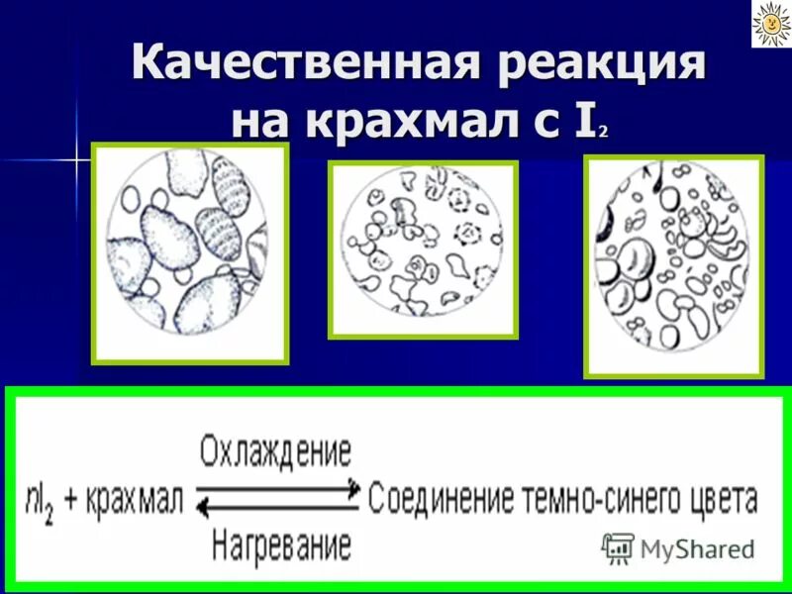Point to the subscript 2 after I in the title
click(602, 132)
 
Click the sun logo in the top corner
click(768, 24)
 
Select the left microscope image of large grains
click(189, 252)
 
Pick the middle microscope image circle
click(423, 248)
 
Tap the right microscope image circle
click(673, 265)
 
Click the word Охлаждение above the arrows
click(275, 452)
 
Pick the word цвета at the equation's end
click(718, 501)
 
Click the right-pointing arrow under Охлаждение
click(276, 487)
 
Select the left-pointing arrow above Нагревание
click(276, 509)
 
